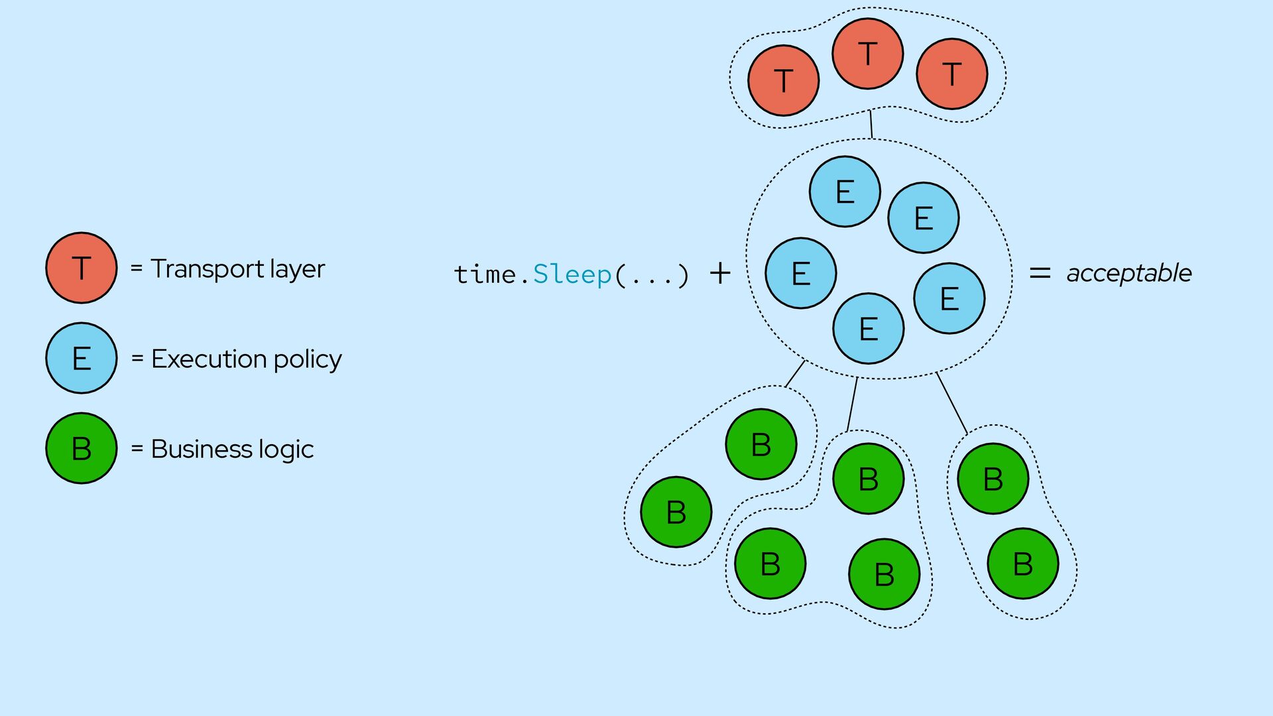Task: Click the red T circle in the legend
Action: coord(82,268)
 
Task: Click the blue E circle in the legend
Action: coord(82,358)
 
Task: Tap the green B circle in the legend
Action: coord(82,448)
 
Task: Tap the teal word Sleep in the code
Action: coord(572,274)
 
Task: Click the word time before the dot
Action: coord(485,274)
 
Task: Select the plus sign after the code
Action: coord(720,272)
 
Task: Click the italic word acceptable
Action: coord(1128,273)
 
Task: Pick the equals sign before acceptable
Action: coord(1040,272)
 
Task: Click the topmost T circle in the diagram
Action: coord(867,53)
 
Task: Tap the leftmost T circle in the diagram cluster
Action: coord(783,80)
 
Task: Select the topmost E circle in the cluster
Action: coord(845,192)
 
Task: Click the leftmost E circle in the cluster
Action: coord(800,272)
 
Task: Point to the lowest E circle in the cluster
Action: coord(868,328)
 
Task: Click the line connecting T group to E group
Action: coord(871,124)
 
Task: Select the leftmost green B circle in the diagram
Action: coord(676,512)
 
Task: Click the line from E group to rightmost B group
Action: coord(951,403)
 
